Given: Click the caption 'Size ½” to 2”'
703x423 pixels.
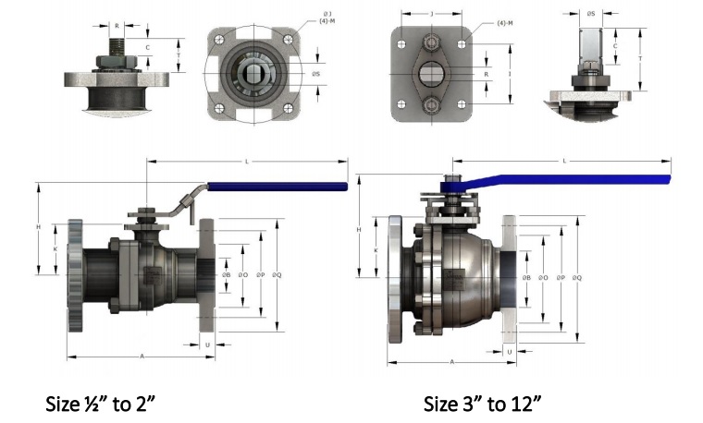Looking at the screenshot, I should coord(106,404).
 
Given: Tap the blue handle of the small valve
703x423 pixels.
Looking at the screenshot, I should coord(277,187).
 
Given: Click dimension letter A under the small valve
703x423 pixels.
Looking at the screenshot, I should coord(142,355).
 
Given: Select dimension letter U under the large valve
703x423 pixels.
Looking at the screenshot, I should coord(510,352).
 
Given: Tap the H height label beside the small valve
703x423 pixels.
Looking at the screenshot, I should coord(38,228).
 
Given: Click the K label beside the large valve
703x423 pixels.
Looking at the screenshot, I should coord(376,249).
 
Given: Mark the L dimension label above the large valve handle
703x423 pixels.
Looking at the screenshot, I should coord(564,161).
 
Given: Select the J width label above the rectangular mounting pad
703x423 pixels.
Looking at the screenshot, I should coord(433,14).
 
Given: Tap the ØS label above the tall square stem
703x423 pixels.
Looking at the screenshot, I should coord(592,14).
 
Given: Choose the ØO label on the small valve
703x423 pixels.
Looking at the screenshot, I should coord(243,275).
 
